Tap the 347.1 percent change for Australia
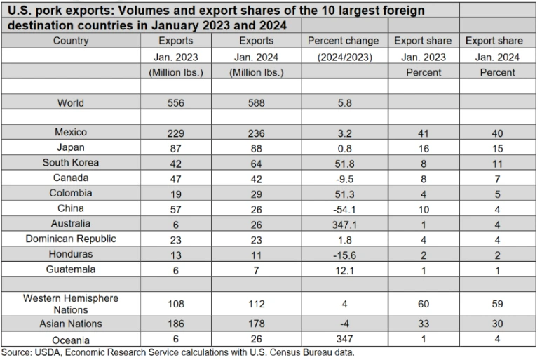(343, 223)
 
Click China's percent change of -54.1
(343, 208)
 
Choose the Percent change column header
(343, 41)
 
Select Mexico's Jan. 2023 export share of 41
(423, 132)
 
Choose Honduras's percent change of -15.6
(343, 254)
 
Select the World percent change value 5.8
(343, 102)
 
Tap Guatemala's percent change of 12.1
(343, 269)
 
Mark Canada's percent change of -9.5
(343, 178)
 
